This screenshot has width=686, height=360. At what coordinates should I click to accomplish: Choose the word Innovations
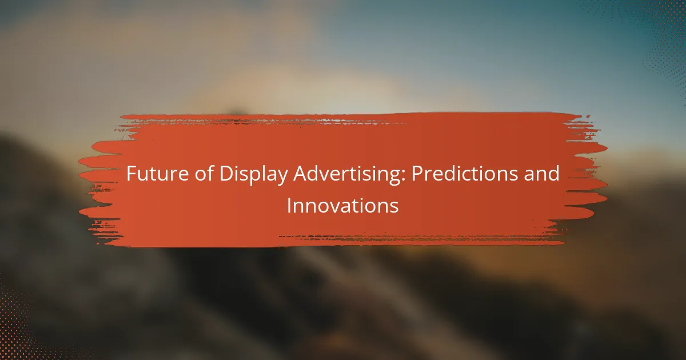342,205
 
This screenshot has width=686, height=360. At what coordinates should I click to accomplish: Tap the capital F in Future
131,174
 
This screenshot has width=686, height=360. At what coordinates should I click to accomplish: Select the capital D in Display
226,174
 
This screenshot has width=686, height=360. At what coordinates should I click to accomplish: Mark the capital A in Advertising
301,174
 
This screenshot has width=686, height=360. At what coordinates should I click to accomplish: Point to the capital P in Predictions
417,174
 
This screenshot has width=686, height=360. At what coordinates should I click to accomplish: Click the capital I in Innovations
289,205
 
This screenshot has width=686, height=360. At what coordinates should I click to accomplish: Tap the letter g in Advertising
392,178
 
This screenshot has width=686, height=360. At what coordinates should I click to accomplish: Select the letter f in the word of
210,173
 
